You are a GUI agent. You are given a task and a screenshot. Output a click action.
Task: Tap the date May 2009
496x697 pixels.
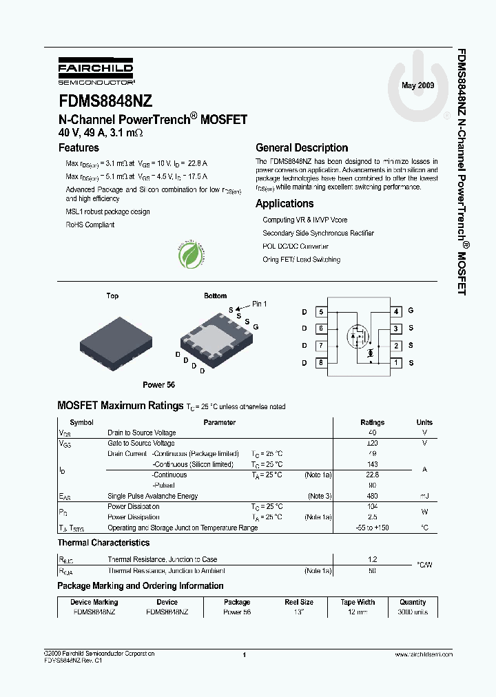click(x=417, y=85)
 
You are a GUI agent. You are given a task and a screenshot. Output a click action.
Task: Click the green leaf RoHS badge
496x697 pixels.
click(x=190, y=256)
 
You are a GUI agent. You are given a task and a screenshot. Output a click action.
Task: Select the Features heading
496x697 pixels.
click(x=79, y=147)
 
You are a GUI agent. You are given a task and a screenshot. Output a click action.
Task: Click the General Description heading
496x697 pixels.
click(x=302, y=147)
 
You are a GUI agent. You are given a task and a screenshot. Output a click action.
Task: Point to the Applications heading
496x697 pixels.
click(x=285, y=203)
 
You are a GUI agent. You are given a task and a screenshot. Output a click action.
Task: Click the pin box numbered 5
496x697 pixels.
click(x=321, y=311)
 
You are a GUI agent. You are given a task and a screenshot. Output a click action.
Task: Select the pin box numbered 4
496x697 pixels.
click(x=395, y=311)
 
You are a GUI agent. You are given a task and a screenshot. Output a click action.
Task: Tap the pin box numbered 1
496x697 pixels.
click(x=395, y=363)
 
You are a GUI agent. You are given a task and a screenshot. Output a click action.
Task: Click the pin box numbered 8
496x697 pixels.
click(x=321, y=363)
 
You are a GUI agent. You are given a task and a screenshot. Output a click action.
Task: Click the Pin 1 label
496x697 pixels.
click(x=259, y=304)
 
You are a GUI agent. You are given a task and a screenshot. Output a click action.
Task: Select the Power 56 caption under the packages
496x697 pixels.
click(x=158, y=385)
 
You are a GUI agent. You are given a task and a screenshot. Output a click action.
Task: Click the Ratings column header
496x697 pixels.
click(x=373, y=422)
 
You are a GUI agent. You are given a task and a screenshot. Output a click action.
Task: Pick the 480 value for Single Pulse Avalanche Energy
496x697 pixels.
click(x=373, y=496)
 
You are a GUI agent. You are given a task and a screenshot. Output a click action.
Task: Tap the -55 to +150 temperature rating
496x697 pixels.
click(x=373, y=528)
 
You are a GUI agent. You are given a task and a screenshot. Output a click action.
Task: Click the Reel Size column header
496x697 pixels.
click(x=299, y=602)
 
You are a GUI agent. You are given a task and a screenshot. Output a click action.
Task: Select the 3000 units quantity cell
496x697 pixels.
click(x=413, y=612)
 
